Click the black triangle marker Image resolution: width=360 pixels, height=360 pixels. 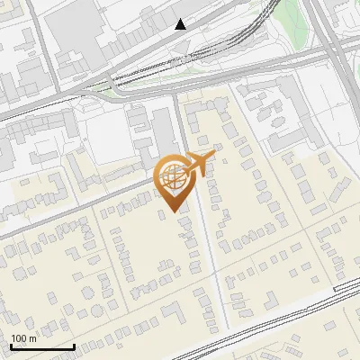(182, 24)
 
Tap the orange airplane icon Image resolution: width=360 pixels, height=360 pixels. (199, 164)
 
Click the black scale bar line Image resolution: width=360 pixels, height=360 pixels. (42, 346)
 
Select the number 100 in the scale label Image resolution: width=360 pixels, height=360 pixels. (20, 338)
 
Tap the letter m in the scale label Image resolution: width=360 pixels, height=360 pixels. (33, 338)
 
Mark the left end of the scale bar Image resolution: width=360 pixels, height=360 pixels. (11, 346)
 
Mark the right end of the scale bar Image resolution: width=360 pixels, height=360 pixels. (74, 346)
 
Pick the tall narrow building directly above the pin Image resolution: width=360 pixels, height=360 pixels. (166, 130)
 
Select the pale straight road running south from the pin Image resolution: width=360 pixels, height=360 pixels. (212, 270)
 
